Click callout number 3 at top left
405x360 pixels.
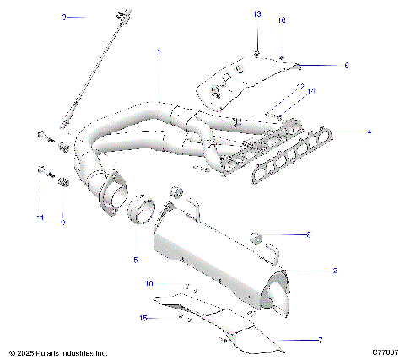[x=64, y=16]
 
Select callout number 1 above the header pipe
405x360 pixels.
[x=158, y=52]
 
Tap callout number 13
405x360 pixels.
[x=257, y=15]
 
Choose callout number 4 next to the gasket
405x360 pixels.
[x=368, y=132]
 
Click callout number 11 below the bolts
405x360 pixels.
[x=39, y=218]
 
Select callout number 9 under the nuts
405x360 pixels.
[x=62, y=223]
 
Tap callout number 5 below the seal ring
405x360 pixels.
[x=134, y=261]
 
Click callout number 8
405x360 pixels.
[x=308, y=234]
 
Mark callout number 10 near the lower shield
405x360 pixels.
[x=148, y=283]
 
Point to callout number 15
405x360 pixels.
[x=143, y=317]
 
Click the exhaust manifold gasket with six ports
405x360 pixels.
[x=291, y=156]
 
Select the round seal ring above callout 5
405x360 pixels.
[x=141, y=212]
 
